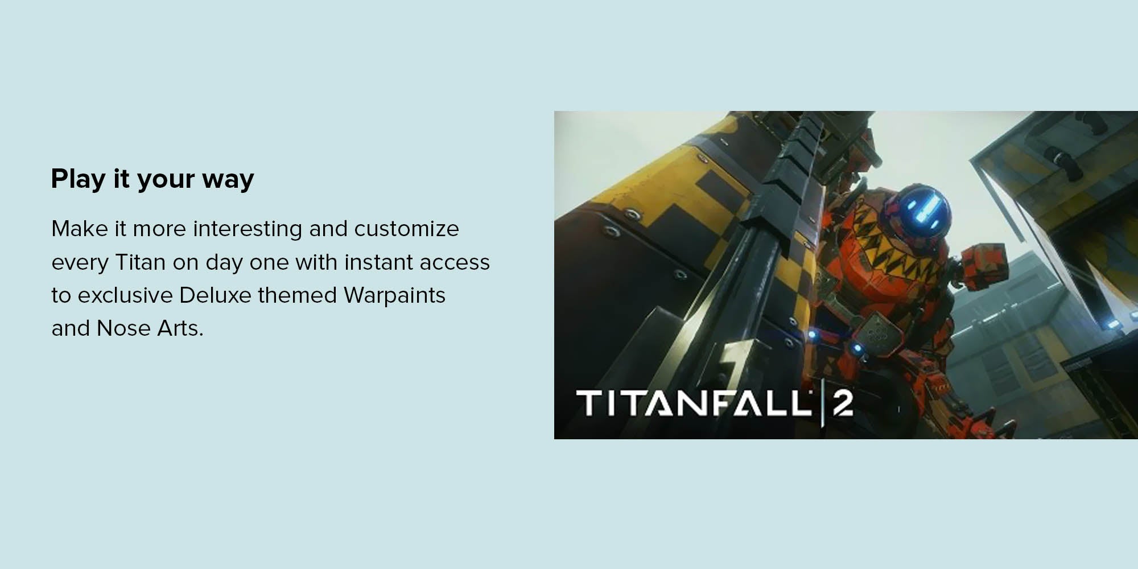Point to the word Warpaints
(394, 296)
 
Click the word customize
(406, 229)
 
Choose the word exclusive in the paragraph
(125, 295)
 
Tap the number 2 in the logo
(843, 403)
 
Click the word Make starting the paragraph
(80, 229)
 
